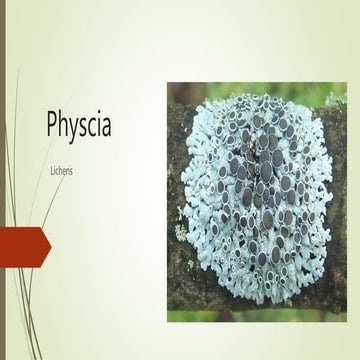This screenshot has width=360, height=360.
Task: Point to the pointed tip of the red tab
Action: click(49, 241)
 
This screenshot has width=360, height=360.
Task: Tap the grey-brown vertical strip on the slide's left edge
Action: click(2, 180)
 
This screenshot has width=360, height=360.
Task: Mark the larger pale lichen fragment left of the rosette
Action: click(179, 211)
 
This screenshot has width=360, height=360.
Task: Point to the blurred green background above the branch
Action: click(250, 95)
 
